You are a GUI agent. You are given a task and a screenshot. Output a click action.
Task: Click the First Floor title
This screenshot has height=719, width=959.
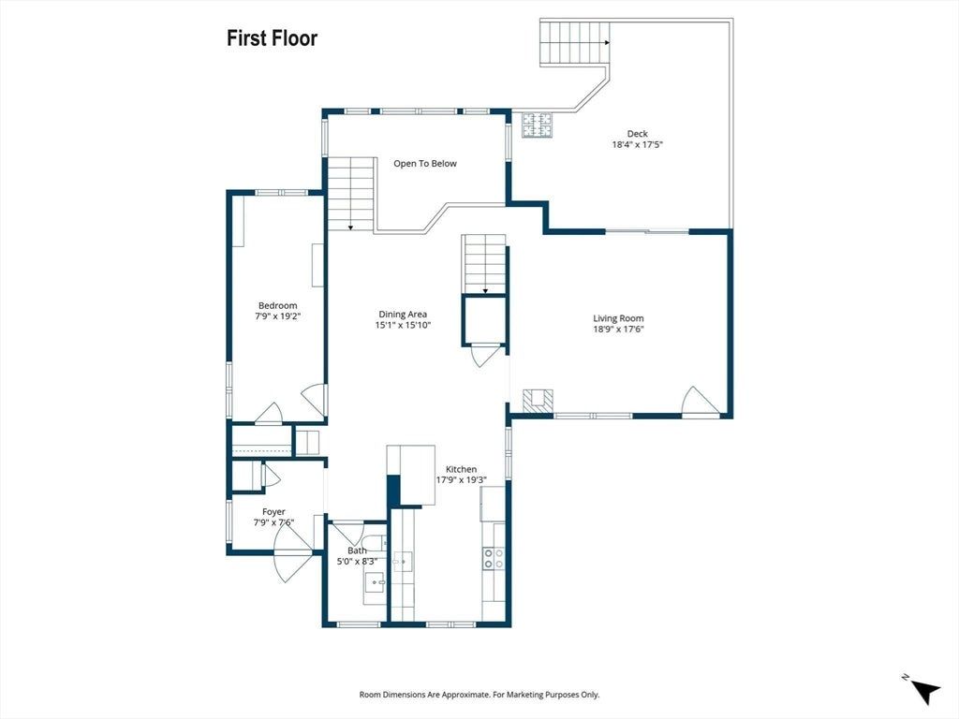[273, 37]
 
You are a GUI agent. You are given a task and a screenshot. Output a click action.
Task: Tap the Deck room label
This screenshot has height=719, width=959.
[637, 133]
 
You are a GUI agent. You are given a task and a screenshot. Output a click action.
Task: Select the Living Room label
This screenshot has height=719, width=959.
[618, 318]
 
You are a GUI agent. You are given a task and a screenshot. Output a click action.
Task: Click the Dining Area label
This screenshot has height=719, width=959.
[403, 315]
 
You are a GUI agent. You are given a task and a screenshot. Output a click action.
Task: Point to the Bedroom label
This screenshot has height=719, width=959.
[277, 306]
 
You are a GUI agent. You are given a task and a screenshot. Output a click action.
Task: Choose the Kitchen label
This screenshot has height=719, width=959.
[461, 469]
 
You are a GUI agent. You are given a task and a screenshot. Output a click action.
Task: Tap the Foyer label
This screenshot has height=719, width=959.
[274, 512]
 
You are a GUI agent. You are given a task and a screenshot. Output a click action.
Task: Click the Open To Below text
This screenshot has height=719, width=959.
[425, 163]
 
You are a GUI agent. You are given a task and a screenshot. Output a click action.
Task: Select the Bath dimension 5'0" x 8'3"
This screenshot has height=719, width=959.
[357, 562]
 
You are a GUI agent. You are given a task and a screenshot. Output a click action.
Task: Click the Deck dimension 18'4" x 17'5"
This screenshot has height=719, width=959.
[638, 145]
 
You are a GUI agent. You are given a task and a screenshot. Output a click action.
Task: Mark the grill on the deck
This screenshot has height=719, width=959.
[537, 125]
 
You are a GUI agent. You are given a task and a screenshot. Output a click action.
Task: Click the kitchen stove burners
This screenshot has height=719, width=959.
[494, 558]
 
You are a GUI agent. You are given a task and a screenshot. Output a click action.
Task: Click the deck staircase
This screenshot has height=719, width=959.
[575, 43]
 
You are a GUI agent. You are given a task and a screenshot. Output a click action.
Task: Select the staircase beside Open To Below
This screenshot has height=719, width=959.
[351, 194]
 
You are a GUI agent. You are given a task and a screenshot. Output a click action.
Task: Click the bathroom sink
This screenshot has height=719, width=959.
[376, 582]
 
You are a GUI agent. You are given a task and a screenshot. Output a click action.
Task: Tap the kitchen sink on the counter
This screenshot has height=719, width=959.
[403, 561]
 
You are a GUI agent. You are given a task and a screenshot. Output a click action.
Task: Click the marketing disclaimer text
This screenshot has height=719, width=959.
[479, 695]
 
